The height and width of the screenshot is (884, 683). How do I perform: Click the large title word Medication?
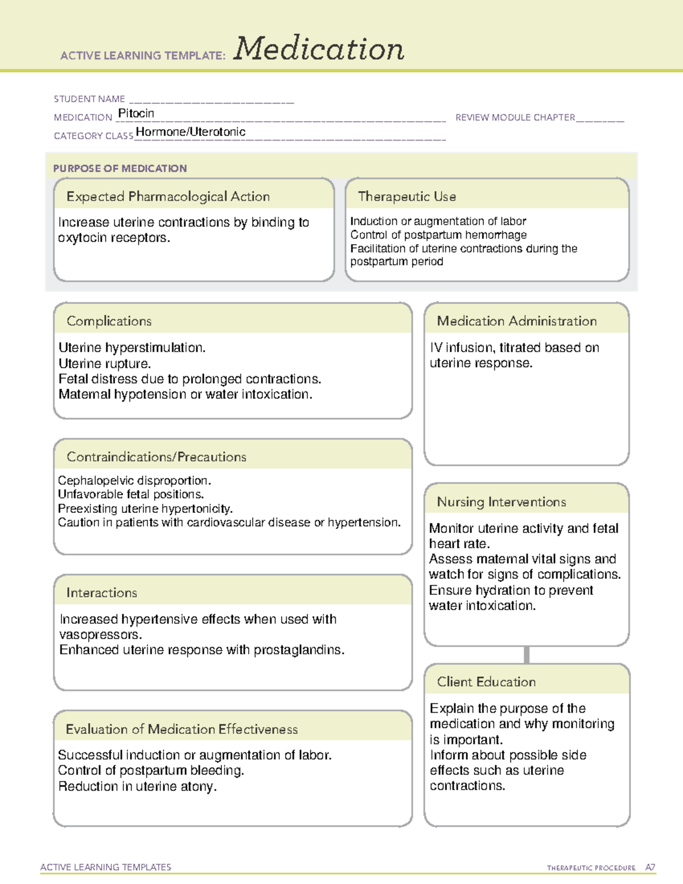pos(319,49)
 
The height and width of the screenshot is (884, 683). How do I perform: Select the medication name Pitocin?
pos(136,113)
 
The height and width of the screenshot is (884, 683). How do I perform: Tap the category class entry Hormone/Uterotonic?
pos(191,132)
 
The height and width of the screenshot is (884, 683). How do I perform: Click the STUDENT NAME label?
pos(89,99)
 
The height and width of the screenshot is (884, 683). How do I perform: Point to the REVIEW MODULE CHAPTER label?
pos(515,117)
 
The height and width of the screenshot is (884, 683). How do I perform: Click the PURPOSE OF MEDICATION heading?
pos(120,168)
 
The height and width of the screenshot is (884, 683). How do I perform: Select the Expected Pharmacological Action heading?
pos(168,196)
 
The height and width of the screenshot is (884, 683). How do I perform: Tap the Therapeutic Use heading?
pos(407,196)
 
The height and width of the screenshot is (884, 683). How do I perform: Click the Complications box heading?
pos(109,321)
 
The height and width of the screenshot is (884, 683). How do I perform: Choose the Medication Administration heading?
pos(517,321)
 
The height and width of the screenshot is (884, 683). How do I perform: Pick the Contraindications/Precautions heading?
pos(157,457)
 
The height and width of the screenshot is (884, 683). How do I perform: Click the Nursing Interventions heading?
pos(501,501)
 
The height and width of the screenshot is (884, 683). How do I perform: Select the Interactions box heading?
pos(102,593)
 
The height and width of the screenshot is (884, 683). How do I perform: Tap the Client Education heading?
pos(486,681)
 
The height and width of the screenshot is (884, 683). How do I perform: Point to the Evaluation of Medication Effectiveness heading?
pos(182,729)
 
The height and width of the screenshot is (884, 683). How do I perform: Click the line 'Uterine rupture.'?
pos(105,363)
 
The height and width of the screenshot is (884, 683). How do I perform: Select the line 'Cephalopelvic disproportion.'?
pos(134,480)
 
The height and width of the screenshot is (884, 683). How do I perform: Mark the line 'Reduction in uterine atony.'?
pos(137,786)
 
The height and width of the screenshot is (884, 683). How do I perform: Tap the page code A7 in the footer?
pos(650,867)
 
